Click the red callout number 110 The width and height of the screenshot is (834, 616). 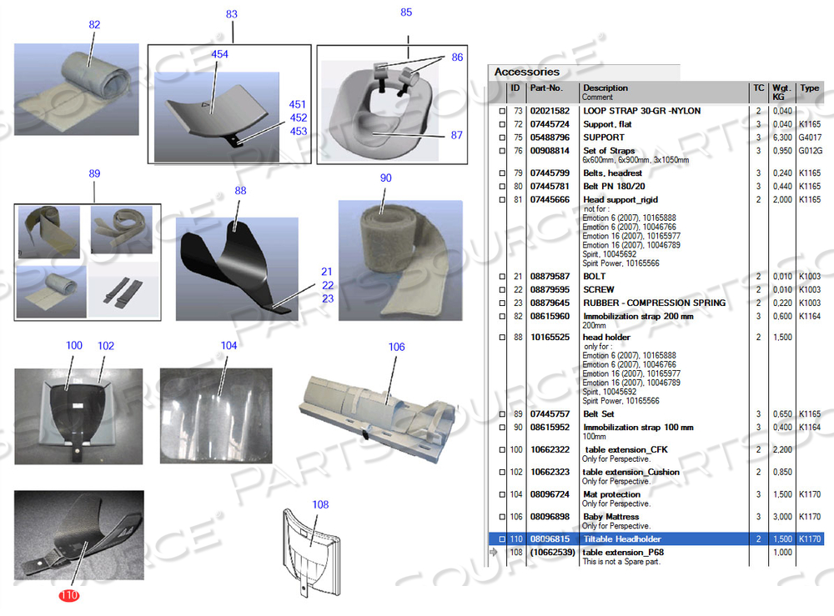[x=68, y=595]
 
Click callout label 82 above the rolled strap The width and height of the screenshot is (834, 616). [x=94, y=25]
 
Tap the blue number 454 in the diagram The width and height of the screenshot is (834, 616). [x=220, y=54]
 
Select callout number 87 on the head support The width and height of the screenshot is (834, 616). [x=456, y=134]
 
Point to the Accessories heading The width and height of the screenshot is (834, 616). [x=526, y=72]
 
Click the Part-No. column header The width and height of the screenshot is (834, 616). [x=546, y=88]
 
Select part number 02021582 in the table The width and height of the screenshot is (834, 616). [x=550, y=111]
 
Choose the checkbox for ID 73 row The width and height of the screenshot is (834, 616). [x=501, y=111]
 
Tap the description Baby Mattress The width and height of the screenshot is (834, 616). [x=610, y=517]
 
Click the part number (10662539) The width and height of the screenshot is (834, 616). [x=552, y=552]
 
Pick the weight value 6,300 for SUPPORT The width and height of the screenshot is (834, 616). [x=781, y=138]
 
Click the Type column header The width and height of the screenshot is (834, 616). [x=809, y=88]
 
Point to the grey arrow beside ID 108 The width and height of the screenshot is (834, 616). [x=493, y=552]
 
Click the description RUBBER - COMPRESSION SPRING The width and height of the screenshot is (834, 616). [x=654, y=303]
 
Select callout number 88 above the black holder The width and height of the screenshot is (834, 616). [x=241, y=191]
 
